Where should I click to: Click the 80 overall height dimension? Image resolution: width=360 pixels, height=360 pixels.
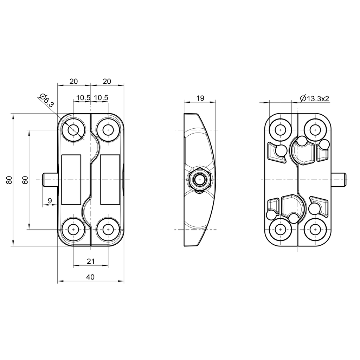9,180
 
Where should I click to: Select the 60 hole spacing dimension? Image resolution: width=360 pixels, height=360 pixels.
25,180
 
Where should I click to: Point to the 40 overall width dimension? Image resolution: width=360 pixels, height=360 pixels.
90,277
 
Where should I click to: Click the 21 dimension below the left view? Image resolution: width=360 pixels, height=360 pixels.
90,261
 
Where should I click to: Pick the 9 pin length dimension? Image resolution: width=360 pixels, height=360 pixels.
50,201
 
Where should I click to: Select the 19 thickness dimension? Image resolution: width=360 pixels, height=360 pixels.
200,98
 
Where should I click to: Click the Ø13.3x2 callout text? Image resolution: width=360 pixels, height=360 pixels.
314,99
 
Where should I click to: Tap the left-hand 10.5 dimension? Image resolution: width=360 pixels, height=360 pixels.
83,98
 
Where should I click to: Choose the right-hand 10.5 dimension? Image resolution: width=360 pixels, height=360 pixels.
101,98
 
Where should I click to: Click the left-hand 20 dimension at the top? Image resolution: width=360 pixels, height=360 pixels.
73,82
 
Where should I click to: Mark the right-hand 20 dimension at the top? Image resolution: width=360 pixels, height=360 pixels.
107,82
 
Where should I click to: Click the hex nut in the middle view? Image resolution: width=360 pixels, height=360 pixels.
200,180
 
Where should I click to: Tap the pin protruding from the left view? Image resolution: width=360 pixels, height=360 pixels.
49,180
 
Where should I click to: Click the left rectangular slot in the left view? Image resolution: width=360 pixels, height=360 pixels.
71,180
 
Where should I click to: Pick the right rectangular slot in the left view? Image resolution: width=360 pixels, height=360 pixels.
110,180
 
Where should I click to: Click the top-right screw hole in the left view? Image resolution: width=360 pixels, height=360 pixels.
108,130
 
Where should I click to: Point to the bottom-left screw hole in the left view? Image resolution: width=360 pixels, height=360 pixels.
73,230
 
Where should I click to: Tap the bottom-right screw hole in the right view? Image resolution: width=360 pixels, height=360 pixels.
315,230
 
